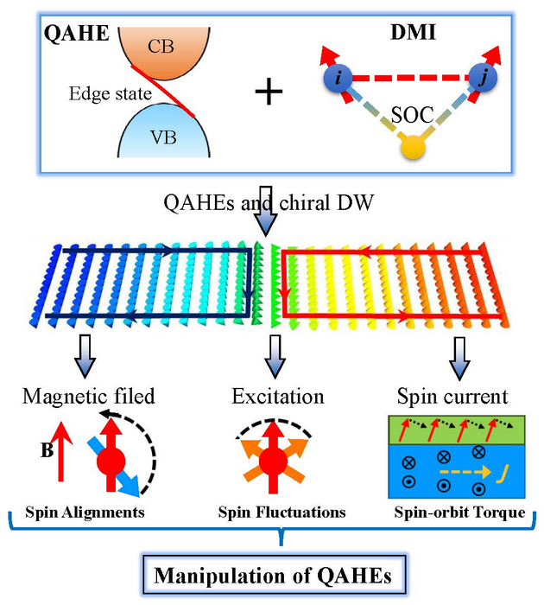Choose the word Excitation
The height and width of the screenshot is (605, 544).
point(276,397)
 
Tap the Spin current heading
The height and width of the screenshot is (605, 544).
point(452,397)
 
